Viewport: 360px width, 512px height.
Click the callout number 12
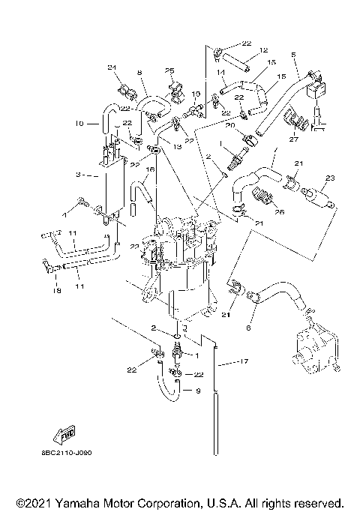click(x=263, y=50)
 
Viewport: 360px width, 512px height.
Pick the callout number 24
click(x=112, y=68)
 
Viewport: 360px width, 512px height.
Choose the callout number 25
click(x=169, y=70)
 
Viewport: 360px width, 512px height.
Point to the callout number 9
click(x=197, y=390)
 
